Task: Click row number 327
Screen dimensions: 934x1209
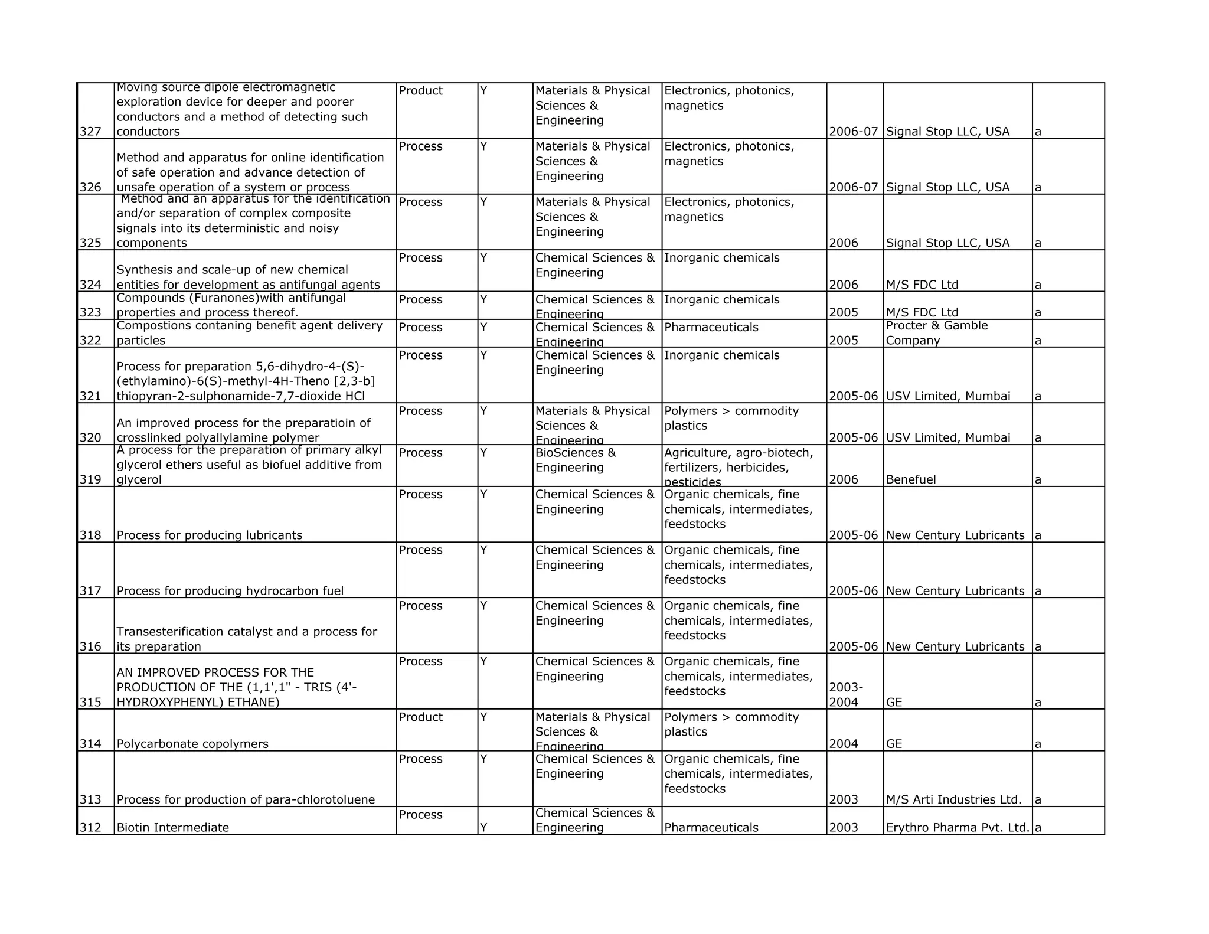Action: coord(90,132)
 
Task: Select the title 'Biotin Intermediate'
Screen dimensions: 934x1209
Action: coord(172,827)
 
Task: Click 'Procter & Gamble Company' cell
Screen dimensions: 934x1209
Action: coord(936,333)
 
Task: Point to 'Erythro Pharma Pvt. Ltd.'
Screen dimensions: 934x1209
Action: coord(958,827)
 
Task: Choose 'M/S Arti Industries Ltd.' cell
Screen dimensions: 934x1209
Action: coord(953,799)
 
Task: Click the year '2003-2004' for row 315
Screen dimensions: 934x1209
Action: coord(846,695)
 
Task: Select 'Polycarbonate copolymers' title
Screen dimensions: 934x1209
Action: coord(192,744)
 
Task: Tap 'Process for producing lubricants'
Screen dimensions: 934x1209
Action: coord(209,535)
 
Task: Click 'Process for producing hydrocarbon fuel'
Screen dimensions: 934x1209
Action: coord(230,591)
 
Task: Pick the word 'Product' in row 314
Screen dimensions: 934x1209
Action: coord(420,717)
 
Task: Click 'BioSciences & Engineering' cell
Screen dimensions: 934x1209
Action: coord(575,460)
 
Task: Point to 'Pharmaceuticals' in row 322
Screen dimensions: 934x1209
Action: coord(711,327)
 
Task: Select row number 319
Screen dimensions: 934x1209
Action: coord(90,479)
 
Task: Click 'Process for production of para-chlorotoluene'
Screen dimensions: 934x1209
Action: coord(246,799)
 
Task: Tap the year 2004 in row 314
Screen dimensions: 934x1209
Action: coord(843,744)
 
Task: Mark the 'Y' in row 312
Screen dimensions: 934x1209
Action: coord(483,827)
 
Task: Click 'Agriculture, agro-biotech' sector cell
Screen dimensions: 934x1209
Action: coord(738,466)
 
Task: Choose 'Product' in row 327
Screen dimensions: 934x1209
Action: coord(420,90)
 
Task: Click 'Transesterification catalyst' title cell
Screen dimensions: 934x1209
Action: coord(246,639)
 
